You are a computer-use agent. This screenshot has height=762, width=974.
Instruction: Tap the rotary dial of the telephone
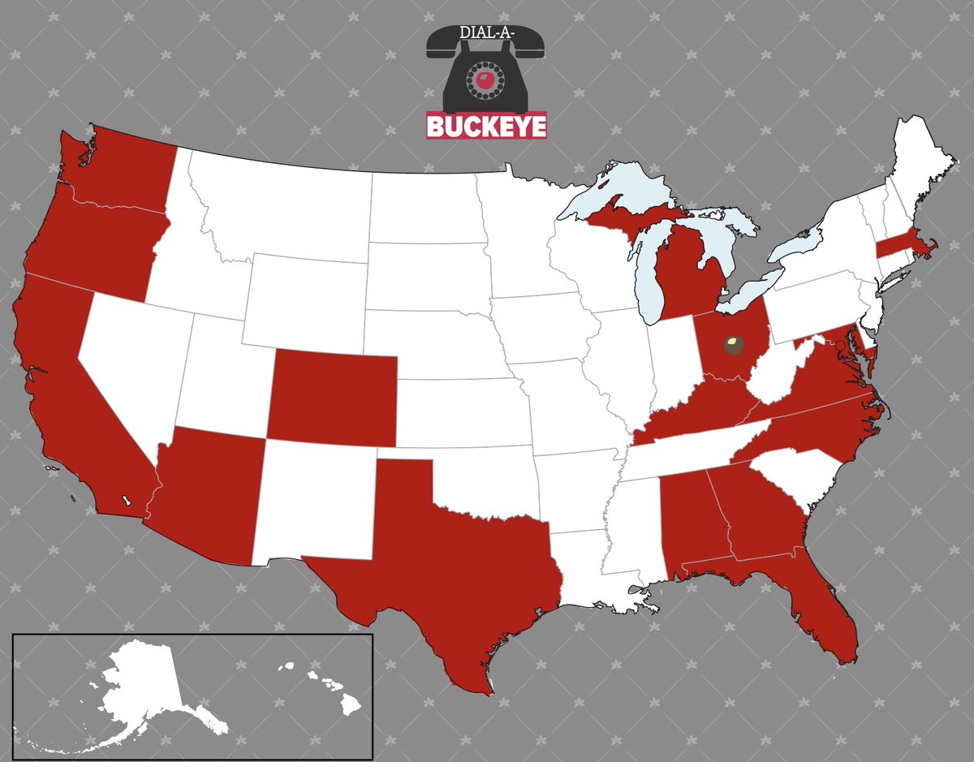tap(485, 80)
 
